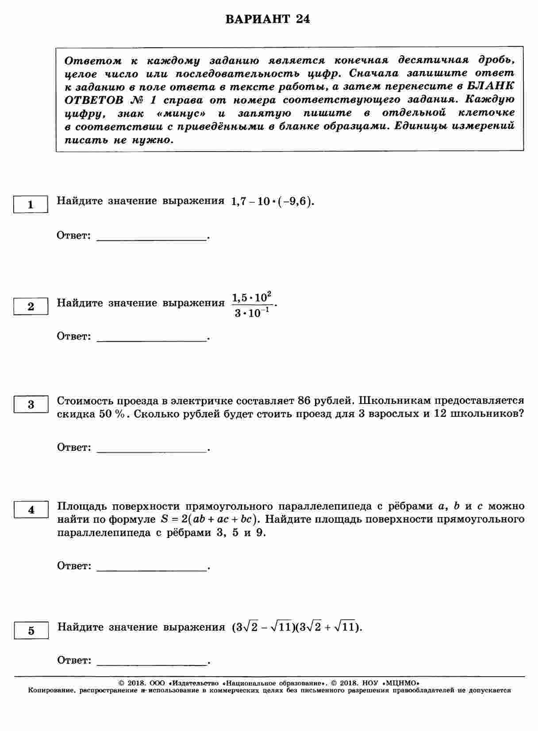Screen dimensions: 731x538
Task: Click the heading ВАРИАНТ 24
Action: click(268, 20)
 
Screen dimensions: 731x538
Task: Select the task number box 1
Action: click(31, 205)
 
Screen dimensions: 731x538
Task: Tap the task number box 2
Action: click(31, 307)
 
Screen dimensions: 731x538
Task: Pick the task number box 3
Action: click(31, 404)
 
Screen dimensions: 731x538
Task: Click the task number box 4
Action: click(31, 510)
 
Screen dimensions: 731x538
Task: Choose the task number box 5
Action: click(31, 631)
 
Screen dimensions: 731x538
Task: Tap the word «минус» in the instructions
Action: click(181, 114)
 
